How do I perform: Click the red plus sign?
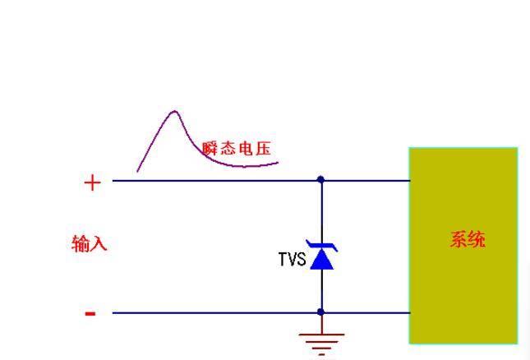(91, 182)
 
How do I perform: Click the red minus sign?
(90, 313)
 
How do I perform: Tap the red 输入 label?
(90, 244)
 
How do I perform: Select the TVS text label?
(292, 260)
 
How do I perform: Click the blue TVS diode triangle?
(321, 260)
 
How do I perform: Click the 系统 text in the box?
(468, 240)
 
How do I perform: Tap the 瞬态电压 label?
(237, 149)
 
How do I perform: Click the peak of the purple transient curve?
(174, 111)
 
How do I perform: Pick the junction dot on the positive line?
(320, 179)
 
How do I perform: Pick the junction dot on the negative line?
(320, 312)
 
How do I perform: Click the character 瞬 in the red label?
(210, 149)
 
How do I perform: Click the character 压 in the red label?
(263, 149)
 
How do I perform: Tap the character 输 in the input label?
(81, 244)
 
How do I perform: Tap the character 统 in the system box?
(477, 240)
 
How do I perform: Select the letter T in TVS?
(282, 260)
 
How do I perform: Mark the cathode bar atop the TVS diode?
(321, 245)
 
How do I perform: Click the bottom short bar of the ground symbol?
(321, 354)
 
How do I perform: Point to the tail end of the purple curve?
(277, 162)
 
